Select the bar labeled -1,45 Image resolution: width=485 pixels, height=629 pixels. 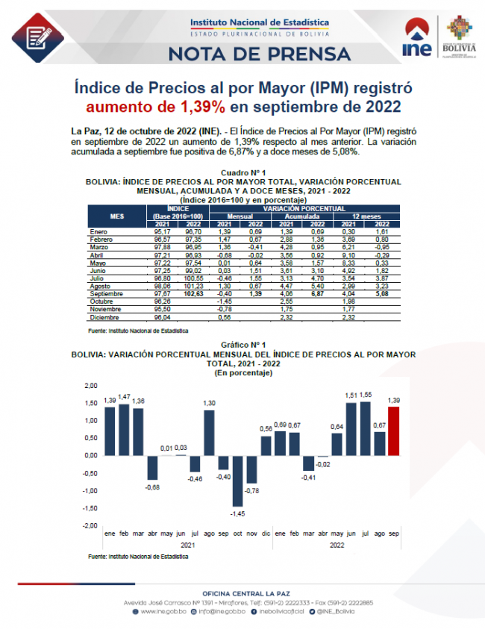click(x=237, y=481)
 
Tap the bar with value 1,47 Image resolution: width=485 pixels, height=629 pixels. click(x=124, y=429)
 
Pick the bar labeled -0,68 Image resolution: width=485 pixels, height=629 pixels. click(x=152, y=467)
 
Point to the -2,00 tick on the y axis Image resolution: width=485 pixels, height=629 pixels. click(x=90, y=526)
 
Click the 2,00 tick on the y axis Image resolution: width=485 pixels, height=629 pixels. click(x=90, y=385)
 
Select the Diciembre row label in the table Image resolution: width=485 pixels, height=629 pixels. click(x=103, y=316)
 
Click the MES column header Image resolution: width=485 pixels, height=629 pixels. click(x=117, y=216)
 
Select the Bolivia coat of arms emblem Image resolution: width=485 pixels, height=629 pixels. click(x=458, y=28)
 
